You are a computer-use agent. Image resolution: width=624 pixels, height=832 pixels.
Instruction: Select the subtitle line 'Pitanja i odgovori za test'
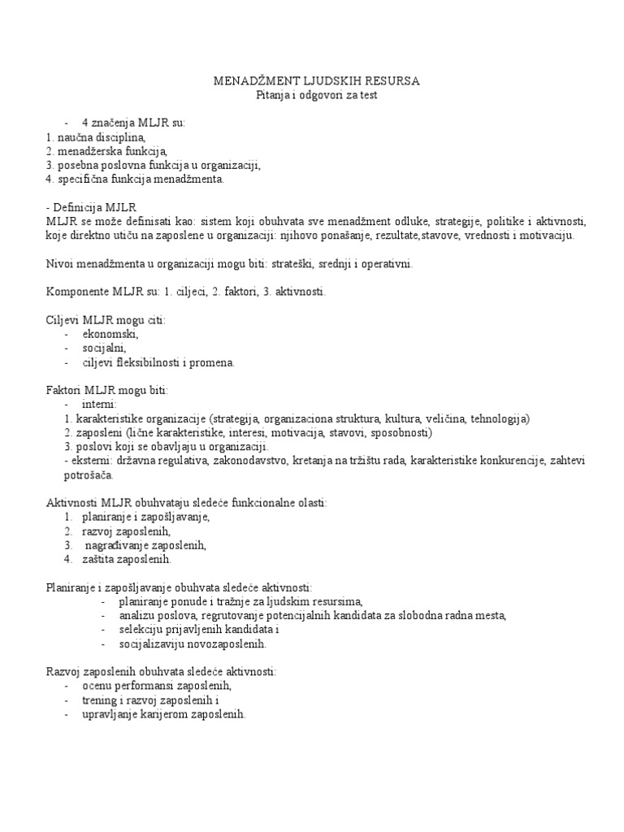pos(317,96)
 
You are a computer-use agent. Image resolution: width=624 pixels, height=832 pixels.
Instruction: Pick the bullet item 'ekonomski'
pos(110,334)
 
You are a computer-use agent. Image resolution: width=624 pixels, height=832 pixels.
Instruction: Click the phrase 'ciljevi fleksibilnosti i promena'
pos(158,362)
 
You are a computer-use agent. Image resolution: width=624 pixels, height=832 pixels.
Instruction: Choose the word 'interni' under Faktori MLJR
pos(99,404)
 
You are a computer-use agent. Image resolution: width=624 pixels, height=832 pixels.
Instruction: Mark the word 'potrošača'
pos(68,474)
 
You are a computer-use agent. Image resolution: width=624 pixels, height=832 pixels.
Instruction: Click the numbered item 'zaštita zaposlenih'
pos(127,559)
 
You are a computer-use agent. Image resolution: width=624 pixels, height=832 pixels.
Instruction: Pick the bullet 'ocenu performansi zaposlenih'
pos(152,686)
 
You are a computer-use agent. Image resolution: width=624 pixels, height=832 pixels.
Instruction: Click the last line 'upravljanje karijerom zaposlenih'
pos(163,714)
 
